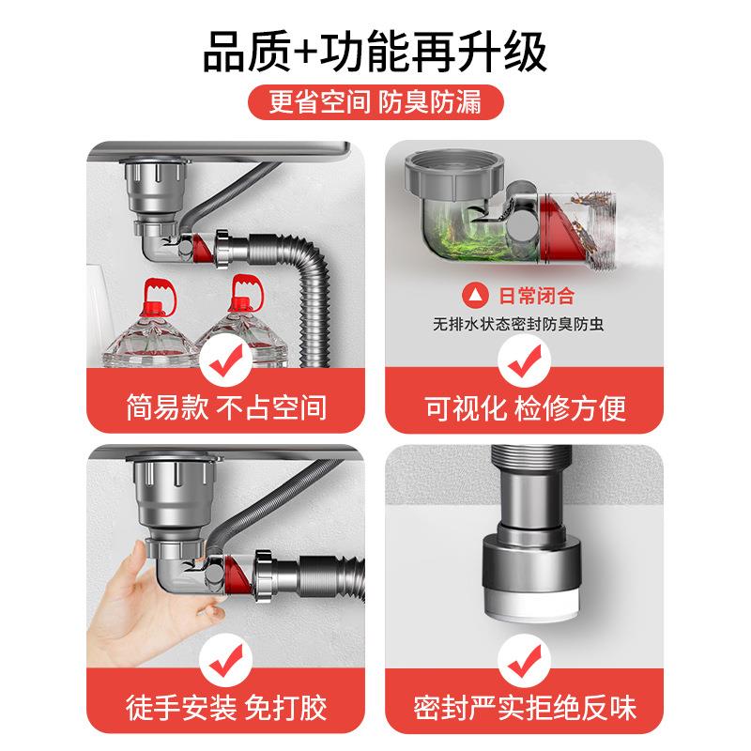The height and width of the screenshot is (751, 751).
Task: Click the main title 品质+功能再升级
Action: (375, 52)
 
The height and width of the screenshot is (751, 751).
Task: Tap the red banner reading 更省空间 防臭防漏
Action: (375, 102)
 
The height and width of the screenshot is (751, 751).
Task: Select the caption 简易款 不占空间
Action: (226, 407)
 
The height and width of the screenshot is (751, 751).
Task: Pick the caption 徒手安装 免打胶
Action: (226, 706)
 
